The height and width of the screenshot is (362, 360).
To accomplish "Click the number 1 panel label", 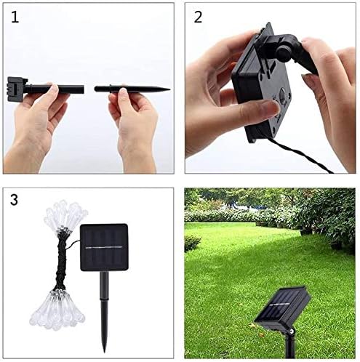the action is click(x=15, y=17).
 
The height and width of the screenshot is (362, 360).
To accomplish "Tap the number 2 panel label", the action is click(x=198, y=17).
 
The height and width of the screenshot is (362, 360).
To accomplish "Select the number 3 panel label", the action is click(x=14, y=200).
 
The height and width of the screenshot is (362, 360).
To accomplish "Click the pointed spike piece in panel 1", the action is click(x=132, y=89).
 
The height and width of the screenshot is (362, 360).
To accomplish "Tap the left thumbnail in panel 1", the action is click(x=54, y=89).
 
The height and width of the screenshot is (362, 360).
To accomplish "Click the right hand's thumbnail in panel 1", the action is click(x=124, y=92).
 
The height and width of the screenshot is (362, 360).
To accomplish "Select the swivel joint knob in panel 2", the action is click(x=282, y=52).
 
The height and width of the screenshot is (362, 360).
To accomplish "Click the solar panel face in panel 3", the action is click(x=104, y=247).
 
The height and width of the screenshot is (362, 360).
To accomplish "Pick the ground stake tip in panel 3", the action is click(x=105, y=352).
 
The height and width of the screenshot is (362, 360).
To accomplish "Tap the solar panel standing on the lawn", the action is click(x=282, y=307).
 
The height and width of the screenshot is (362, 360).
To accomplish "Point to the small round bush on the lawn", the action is click(x=192, y=243).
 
